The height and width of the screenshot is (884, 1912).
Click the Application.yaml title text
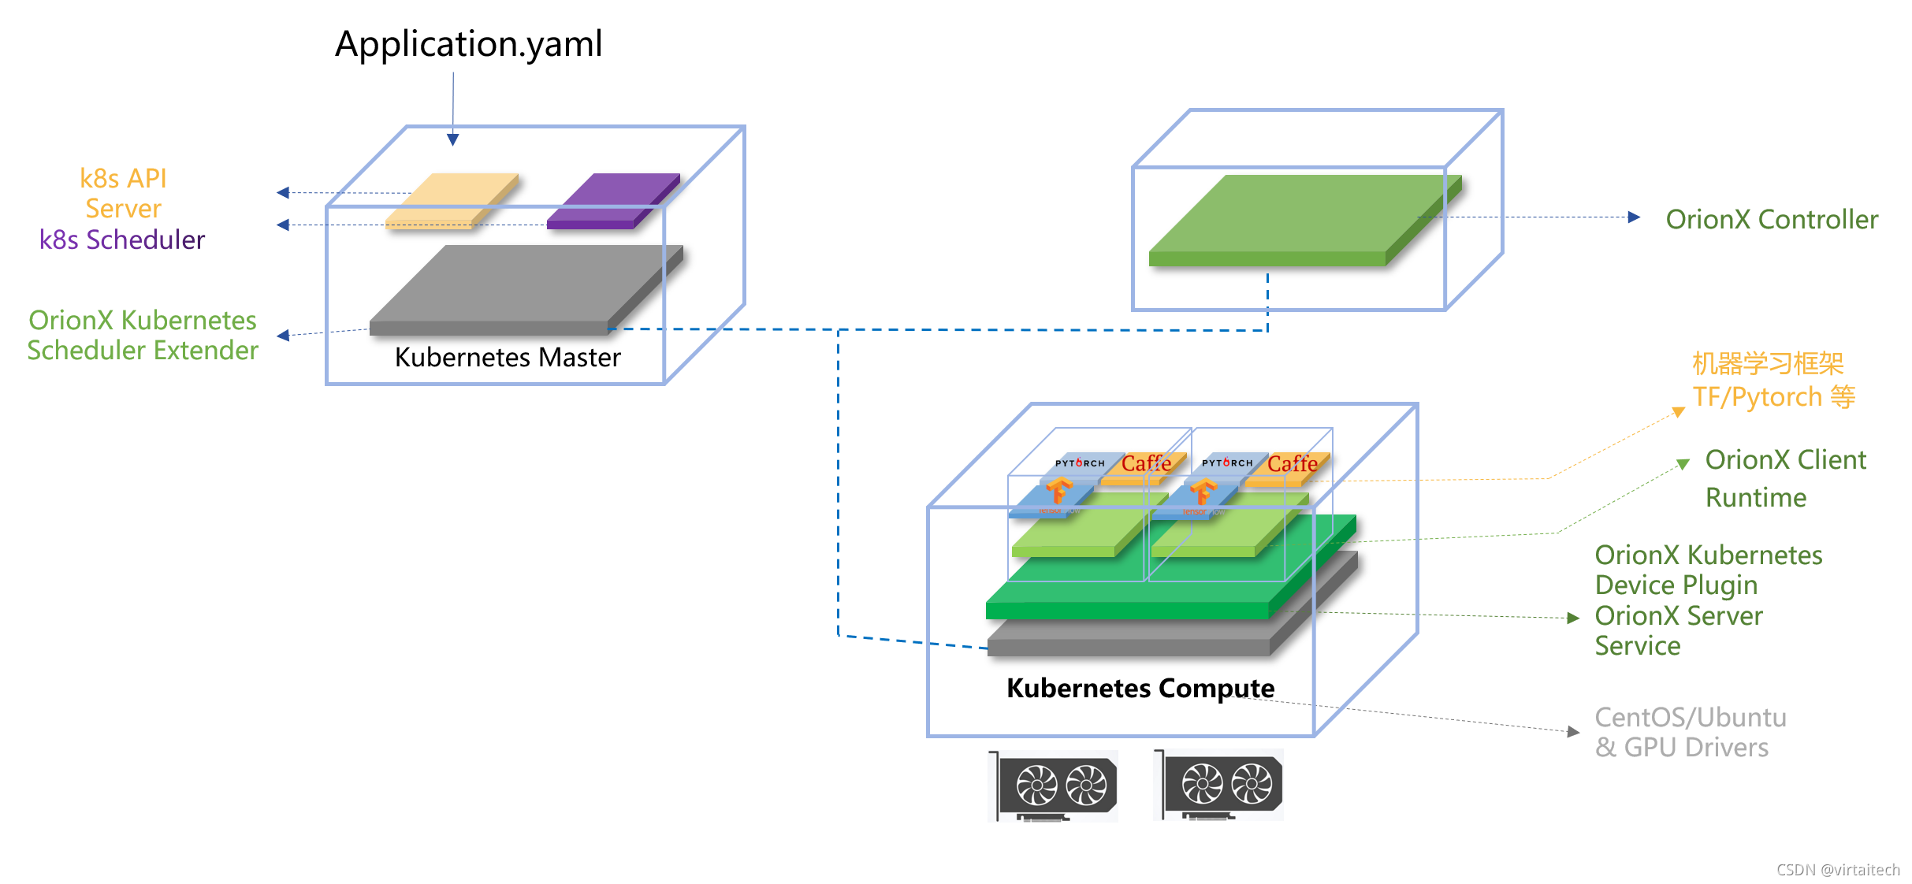(x=468, y=44)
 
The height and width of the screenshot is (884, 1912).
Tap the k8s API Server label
(x=123, y=193)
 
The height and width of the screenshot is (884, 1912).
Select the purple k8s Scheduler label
(x=122, y=240)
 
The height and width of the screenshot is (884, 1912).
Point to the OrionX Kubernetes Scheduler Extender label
(x=143, y=335)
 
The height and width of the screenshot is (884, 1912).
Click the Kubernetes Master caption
(x=508, y=358)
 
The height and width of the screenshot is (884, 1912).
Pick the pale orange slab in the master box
(x=452, y=200)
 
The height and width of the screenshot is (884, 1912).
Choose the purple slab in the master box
(x=613, y=200)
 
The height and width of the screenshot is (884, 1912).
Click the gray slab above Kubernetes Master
(x=520, y=288)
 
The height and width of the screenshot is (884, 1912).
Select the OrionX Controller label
(x=1772, y=219)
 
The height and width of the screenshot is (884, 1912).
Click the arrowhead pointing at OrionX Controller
(x=1634, y=217)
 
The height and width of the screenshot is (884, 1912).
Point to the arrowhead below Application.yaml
(x=453, y=139)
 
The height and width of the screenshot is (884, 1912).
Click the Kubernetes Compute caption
(x=1140, y=688)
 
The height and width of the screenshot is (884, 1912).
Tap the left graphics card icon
(x=1054, y=786)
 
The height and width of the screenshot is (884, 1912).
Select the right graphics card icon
(x=1219, y=785)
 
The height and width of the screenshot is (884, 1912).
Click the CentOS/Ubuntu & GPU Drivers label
(x=1691, y=732)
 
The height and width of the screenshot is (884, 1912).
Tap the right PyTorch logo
(x=1227, y=462)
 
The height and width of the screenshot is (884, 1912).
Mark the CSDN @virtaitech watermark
(x=1838, y=870)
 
